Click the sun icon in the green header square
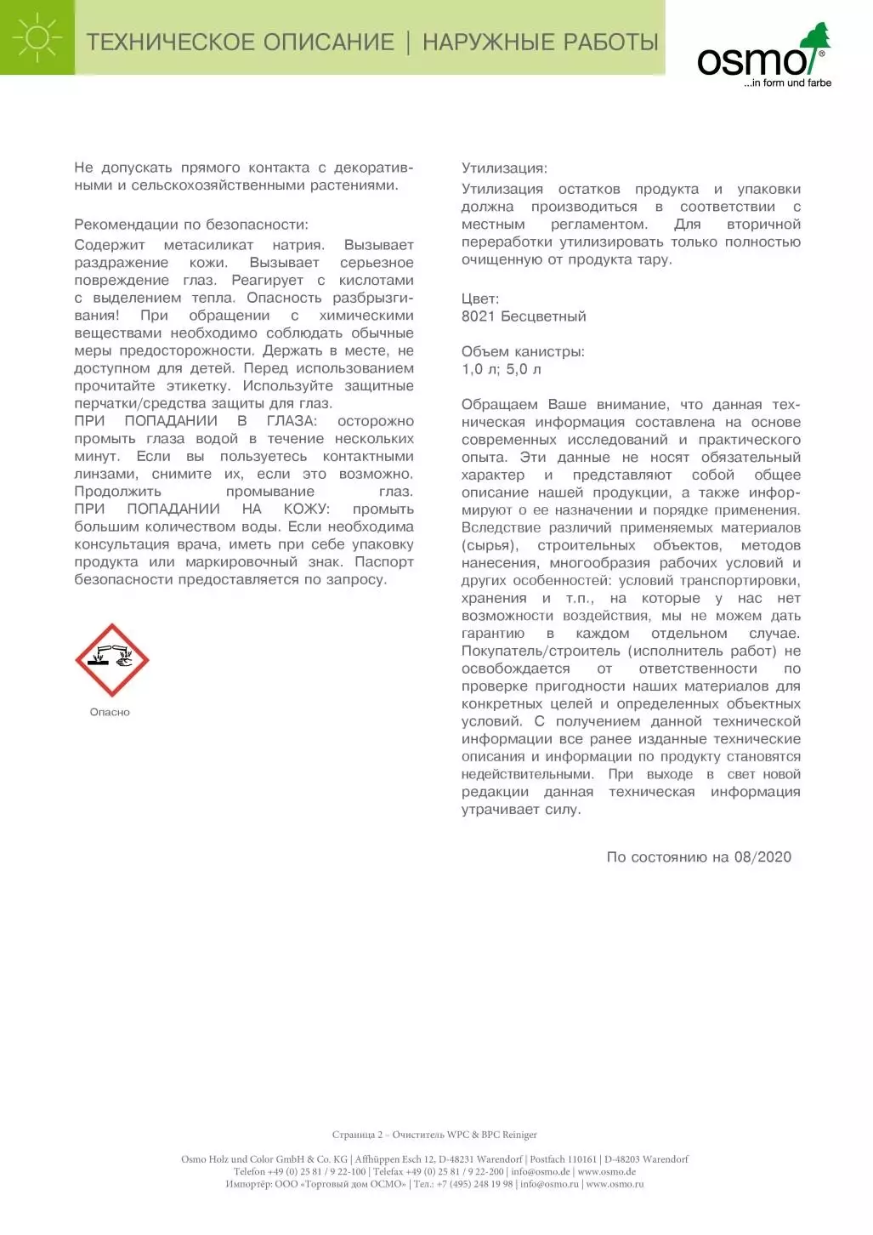tap(37, 37)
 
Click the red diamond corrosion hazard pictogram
tap(111, 660)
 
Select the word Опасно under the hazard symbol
tap(110, 713)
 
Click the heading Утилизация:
tap(504, 168)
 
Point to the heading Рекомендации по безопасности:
tap(191, 225)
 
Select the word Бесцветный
tap(543, 316)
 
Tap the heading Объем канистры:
tap(523, 352)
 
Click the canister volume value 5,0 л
tap(524, 369)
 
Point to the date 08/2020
tap(762, 857)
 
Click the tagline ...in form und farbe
tap(787, 83)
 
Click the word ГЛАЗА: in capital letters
tap(292, 421)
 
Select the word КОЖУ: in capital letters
tap(306, 509)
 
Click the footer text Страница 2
tap(357, 1135)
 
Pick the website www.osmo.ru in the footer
tap(615, 1184)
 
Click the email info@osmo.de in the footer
tap(541, 1172)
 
